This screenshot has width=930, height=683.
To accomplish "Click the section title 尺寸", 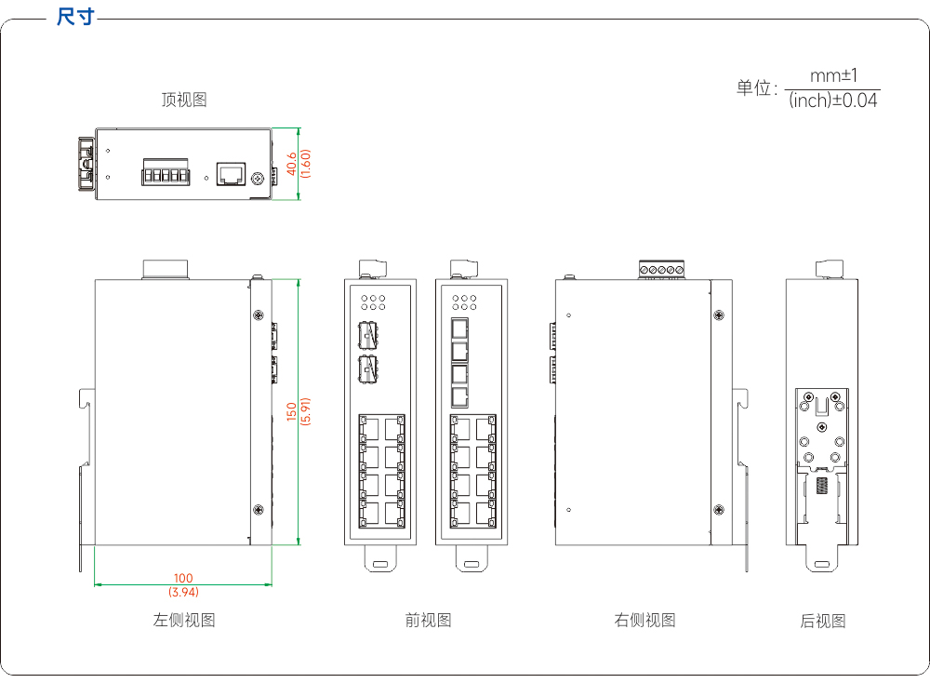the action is [75, 17].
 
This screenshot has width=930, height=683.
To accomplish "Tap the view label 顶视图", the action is [184, 100].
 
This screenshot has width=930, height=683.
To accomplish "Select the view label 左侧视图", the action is [184, 620].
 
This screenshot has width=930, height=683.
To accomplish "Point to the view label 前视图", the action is [428, 620].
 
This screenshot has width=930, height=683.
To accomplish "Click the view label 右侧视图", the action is [644, 620].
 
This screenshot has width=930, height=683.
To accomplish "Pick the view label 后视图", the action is [823, 621].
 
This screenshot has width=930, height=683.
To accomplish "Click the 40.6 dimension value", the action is [292, 164].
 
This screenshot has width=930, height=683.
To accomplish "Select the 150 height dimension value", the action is [291, 412].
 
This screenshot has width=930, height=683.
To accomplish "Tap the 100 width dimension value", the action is [183, 578].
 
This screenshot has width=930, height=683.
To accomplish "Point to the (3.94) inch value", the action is [183, 592].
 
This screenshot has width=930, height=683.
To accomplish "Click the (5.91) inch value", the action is [305, 411].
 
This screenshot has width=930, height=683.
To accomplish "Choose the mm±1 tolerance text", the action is [833, 76].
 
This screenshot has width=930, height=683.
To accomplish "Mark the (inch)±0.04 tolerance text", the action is [832, 100].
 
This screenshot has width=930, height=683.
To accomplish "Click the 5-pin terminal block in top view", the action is [166, 172].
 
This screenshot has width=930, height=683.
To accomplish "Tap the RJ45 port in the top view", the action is [231, 174].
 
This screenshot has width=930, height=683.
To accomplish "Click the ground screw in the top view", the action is [258, 178].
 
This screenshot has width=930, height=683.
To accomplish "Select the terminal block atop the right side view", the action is [661, 269].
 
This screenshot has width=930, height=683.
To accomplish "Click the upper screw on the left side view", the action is [259, 315].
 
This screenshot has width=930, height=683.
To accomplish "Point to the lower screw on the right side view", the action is [719, 510].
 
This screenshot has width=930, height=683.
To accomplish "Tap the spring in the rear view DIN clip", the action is [822, 486].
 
